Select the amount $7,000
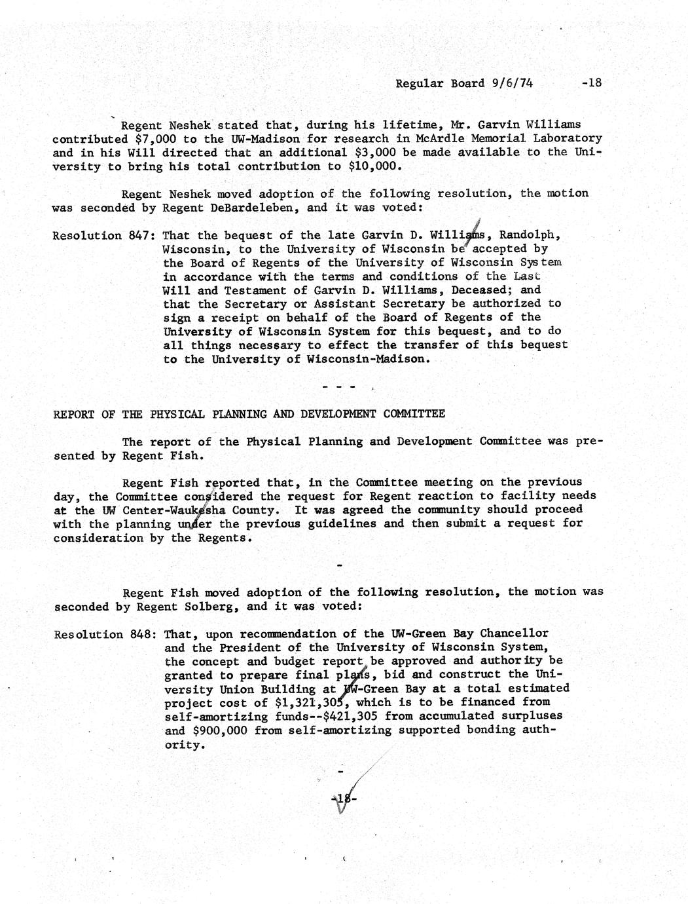pos(156,138)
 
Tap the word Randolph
pos(530,235)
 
